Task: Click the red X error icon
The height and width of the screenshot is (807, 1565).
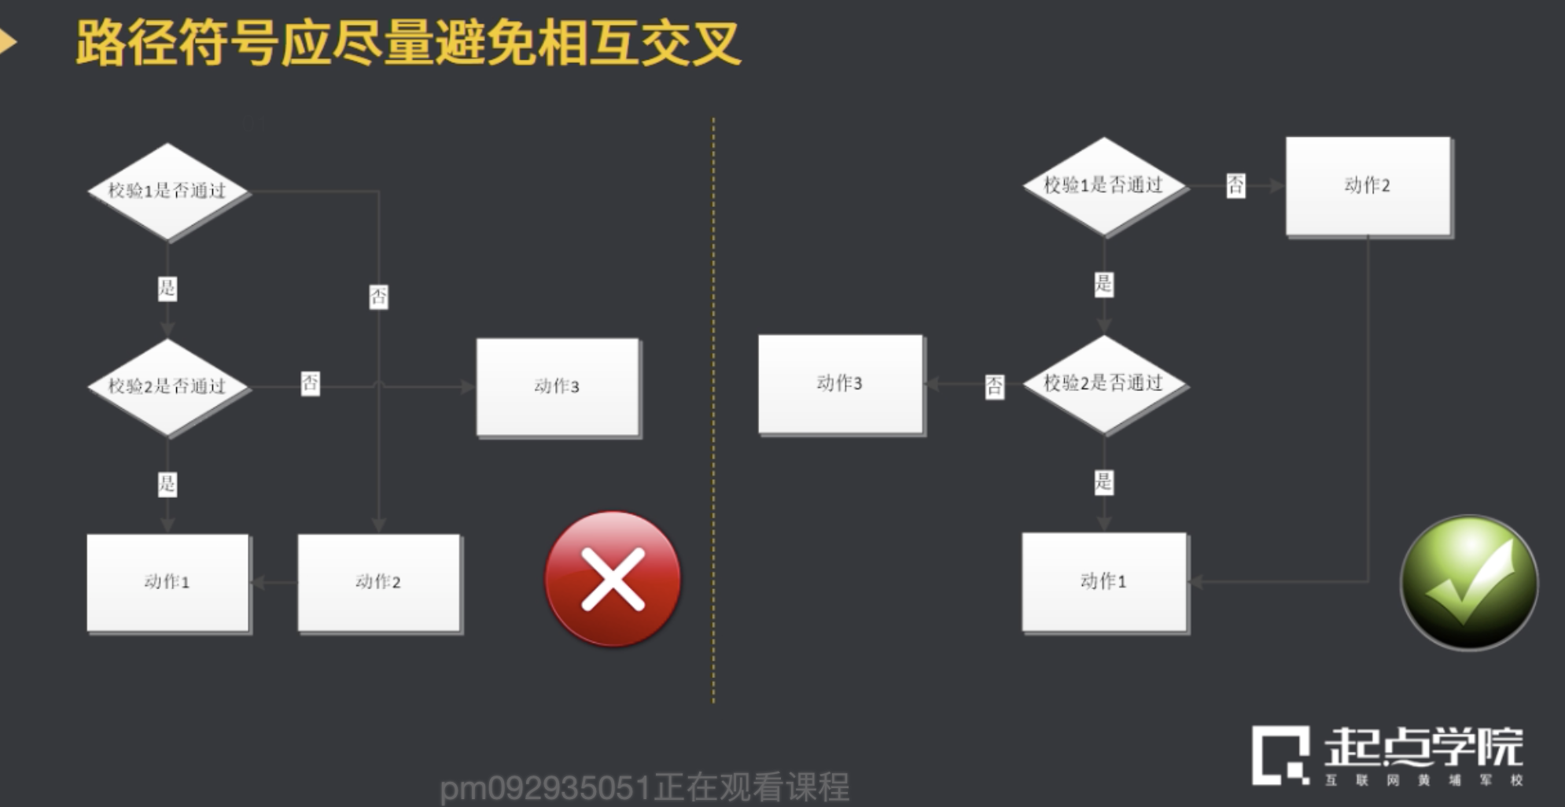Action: tap(613, 580)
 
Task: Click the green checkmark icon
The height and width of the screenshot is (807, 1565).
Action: tap(1469, 583)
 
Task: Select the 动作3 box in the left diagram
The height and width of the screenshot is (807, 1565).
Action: tap(558, 386)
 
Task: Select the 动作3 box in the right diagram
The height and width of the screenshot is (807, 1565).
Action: tap(840, 384)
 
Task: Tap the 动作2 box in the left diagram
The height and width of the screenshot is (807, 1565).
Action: tap(378, 582)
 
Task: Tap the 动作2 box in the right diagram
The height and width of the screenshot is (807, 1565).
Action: tap(1368, 186)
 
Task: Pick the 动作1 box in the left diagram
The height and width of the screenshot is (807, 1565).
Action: tap(168, 582)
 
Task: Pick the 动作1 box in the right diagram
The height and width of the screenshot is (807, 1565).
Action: tap(1104, 581)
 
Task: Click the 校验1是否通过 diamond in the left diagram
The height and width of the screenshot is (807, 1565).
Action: tap(168, 191)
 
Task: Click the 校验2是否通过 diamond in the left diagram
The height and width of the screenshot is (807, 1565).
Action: tap(168, 386)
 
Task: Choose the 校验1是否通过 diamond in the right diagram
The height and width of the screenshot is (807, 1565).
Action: tap(1103, 186)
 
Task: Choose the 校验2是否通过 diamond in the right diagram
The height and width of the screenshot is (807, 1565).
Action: tap(1103, 383)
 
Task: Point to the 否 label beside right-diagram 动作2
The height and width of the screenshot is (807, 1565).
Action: tap(1235, 186)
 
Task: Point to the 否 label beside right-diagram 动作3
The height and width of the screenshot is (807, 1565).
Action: tap(994, 385)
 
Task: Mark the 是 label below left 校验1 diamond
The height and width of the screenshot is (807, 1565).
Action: tap(168, 288)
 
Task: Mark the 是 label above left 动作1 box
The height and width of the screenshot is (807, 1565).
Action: tap(168, 483)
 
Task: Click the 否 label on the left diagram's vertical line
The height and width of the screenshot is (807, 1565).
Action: tap(378, 297)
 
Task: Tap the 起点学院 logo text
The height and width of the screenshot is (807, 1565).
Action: tap(1423, 747)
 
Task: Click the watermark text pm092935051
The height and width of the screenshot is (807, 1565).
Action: tap(545, 787)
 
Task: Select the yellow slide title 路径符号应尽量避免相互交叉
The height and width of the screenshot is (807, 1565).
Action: tap(408, 42)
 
